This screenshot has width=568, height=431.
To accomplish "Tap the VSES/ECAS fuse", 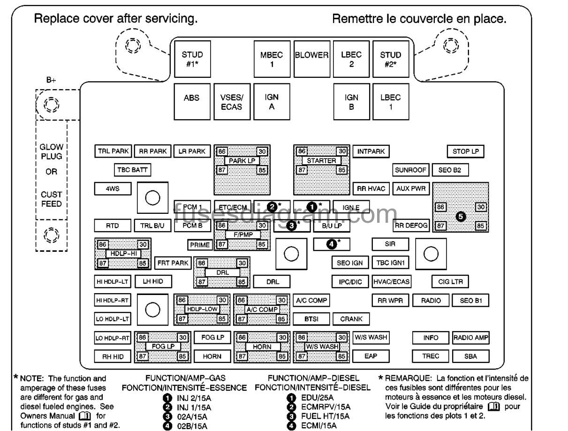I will coord(231,102).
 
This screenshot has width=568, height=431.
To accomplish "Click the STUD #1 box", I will coord(191,59).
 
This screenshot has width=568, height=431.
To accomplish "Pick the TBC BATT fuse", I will coord(132,170).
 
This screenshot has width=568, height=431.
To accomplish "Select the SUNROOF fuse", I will coord(410,170).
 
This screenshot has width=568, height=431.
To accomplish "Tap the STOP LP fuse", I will coord(465,151).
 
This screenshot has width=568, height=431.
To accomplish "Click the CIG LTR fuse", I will coord(450,281).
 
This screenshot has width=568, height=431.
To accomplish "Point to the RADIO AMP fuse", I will coord(470,337).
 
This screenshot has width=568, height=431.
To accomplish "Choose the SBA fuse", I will coord(470,356).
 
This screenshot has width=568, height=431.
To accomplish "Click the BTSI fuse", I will coord(311,318).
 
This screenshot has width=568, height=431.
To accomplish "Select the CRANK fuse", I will coord(351,318).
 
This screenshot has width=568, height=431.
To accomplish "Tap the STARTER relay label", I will coord(321,161).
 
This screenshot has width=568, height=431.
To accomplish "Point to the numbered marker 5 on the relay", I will coord(461,216).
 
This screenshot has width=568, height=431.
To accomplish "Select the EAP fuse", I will coord(371,356).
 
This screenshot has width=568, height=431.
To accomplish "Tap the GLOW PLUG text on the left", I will coord(51,151).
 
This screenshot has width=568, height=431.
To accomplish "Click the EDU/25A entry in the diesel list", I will coord(314,398).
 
